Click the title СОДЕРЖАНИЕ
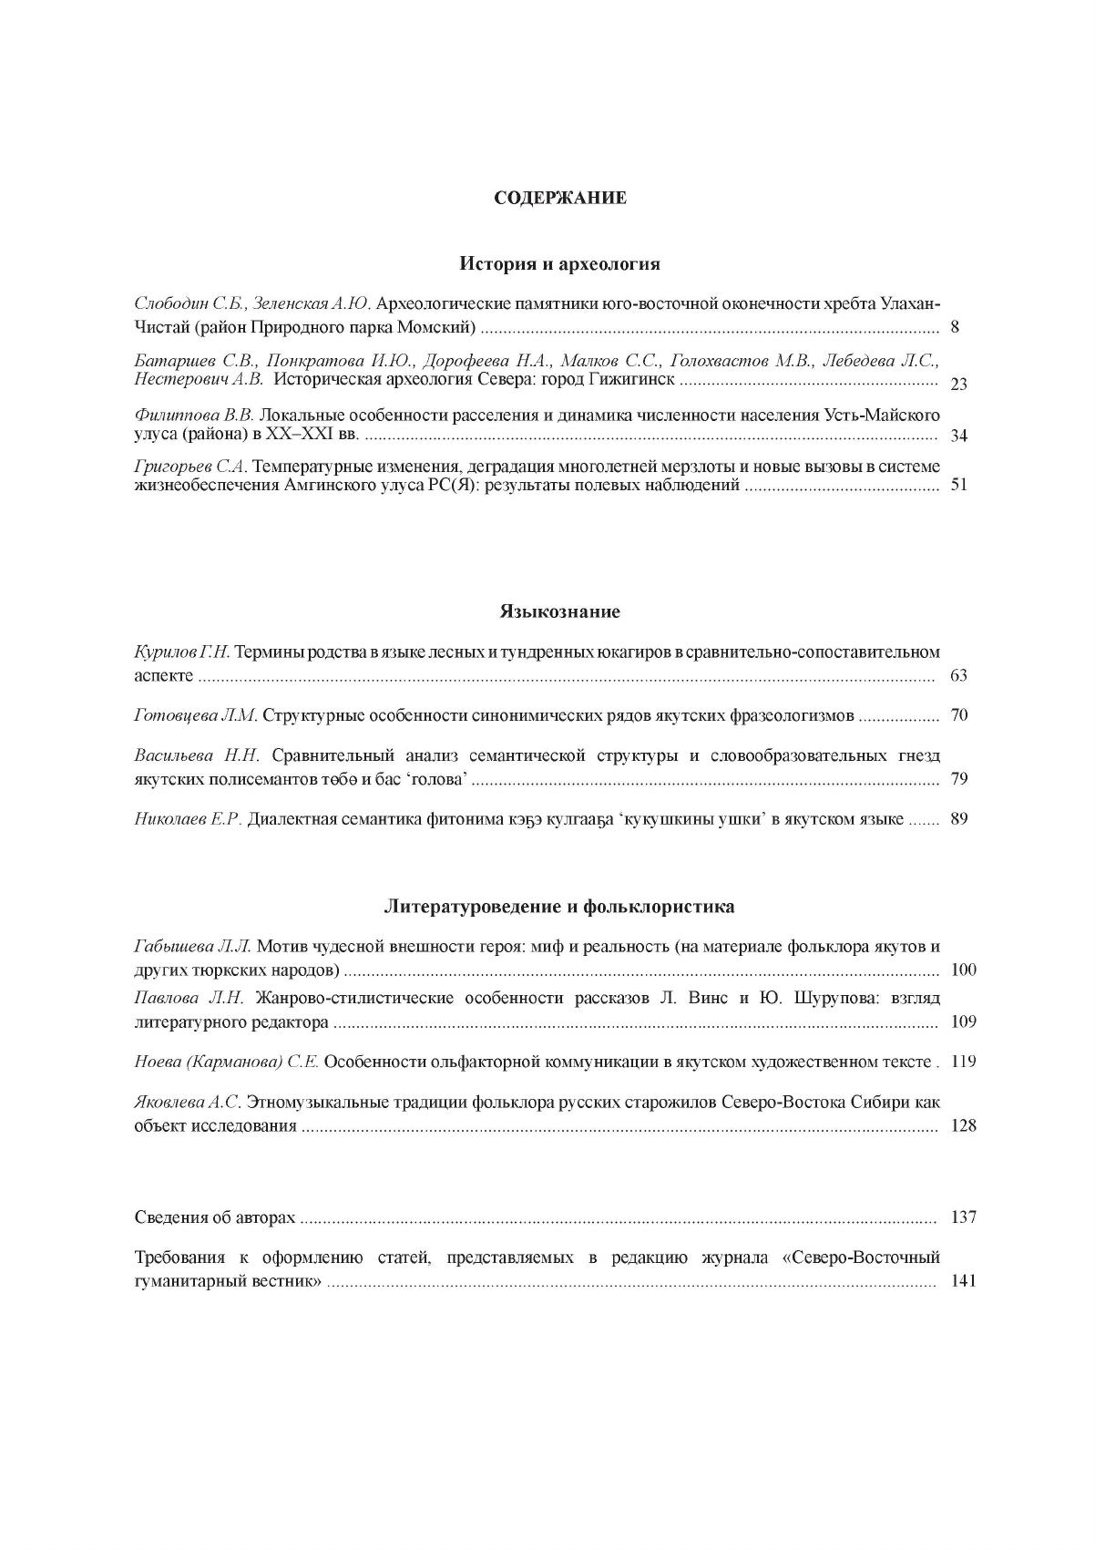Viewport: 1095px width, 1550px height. click(x=559, y=198)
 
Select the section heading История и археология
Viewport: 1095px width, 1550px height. click(x=559, y=264)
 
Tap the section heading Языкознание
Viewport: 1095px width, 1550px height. click(x=559, y=611)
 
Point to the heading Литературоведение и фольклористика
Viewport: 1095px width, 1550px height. click(x=559, y=908)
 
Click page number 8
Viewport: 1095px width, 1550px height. click(x=954, y=327)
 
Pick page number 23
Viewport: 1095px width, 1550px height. click(x=958, y=384)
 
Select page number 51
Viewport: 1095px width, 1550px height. click(x=958, y=485)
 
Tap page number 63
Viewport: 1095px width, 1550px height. click(x=958, y=676)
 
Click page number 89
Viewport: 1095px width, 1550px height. click(x=958, y=819)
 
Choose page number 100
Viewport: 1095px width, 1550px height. click(x=963, y=970)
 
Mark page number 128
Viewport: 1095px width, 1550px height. click(x=963, y=1126)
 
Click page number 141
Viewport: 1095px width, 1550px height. click(x=963, y=1281)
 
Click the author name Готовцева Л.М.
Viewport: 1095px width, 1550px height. click(x=196, y=716)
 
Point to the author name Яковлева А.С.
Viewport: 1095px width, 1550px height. click(x=188, y=1102)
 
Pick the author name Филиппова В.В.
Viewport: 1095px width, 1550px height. click(x=193, y=416)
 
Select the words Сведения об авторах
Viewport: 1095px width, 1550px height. click(x=215, y=1217)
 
